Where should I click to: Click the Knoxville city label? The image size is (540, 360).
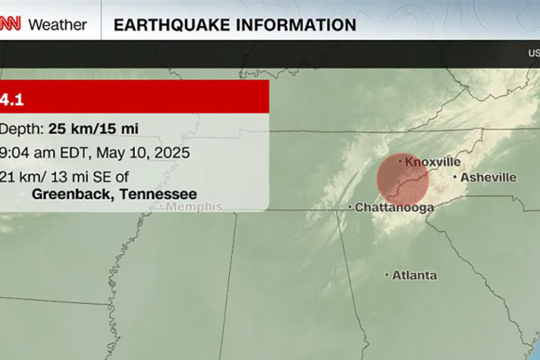pos(433,162)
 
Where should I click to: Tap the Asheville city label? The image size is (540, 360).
pos(489,178)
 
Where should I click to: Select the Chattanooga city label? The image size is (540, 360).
pos(394,207)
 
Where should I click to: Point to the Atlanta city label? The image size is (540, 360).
pos(414,275)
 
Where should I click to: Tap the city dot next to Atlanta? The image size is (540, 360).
pos(387,275)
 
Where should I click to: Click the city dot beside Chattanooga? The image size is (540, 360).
pos(350,207)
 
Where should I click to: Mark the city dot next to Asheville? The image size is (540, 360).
pos(456,178)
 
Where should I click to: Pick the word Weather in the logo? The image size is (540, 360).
pos(58,25)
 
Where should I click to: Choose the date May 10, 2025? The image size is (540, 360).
pos(144,152)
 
